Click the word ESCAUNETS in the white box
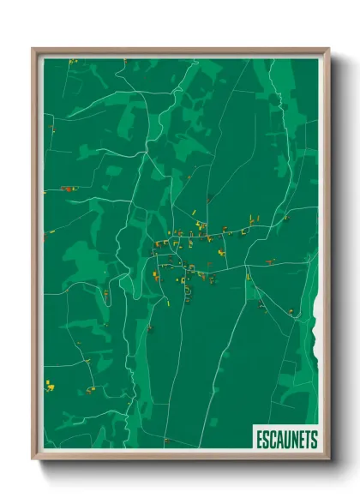(x=286, y=440)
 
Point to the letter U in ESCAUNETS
(x=285, y=440)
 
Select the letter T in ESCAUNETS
(x=307, y=440)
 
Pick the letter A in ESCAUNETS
(x=279, y=440)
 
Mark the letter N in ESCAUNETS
(x=293, y=440)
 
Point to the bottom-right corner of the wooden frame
(x=328, y=460)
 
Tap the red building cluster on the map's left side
(x=67, y=188)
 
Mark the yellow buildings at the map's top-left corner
(x=72, y=62)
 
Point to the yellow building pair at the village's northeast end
(x=253, y=220)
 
